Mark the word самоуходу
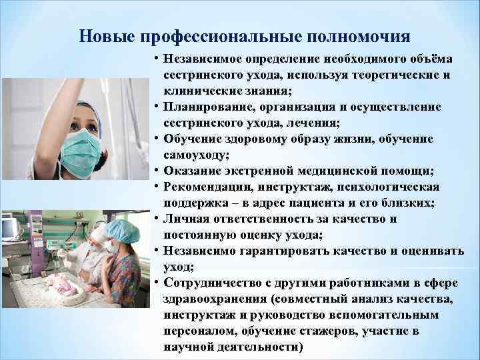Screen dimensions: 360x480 (x=194, y=154)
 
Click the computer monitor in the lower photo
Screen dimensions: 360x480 (x=11, y=229)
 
